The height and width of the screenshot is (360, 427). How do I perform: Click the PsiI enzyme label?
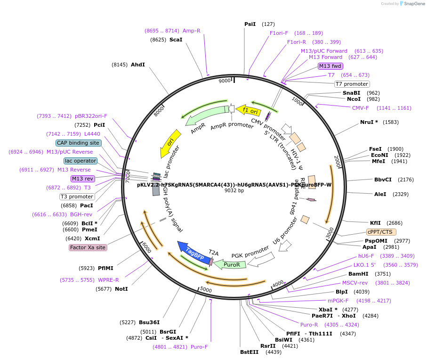click(250, 24)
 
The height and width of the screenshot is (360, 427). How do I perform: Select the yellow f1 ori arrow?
click(248, 111)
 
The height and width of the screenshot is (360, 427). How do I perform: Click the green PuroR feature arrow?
click(230, 265)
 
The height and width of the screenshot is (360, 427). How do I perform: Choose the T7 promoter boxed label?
click(352, 84)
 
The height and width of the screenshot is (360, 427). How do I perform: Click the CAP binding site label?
click(78, 143)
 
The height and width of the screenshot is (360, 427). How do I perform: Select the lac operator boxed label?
click(81, 161)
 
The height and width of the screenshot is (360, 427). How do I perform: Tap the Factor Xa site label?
click(88, 247)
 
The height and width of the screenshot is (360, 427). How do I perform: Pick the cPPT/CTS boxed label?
click(381, 232)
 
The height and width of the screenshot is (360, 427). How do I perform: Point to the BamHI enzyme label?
click(358, 274)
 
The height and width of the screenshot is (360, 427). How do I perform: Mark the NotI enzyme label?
click(121, 289)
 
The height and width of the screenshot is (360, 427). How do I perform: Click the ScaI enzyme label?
click(176, 40)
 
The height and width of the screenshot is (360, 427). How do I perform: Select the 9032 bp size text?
click(234, 191)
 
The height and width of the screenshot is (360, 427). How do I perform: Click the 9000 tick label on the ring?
click(225, 81)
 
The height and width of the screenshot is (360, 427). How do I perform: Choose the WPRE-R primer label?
click(108, 280)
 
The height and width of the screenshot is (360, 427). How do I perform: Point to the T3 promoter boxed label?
click(77, 196)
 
